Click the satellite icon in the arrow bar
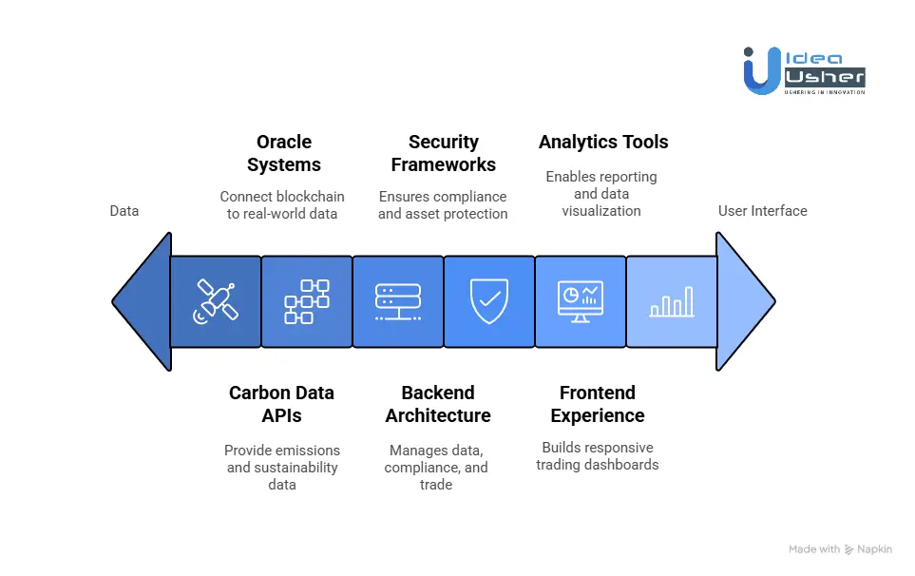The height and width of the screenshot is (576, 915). coord(216,301)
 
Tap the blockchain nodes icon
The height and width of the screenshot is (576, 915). coord(306,301)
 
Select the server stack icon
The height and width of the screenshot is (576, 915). coord(397,301)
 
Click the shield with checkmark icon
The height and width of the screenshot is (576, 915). coord(488,301)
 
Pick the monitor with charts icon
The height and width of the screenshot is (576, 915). coord(580,301)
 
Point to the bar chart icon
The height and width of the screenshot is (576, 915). coord(671,301)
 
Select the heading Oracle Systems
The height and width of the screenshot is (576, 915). coord(283,153)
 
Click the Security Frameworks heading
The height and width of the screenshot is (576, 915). coord(443,153)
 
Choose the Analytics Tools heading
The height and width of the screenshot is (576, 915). coord(603,143)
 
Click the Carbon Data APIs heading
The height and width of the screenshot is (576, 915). coord(281,404)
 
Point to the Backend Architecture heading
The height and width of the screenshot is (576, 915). coord(438,404)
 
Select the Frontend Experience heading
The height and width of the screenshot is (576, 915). coord(598,404)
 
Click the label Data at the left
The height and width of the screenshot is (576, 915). coord(124,210)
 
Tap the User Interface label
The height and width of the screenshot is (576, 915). coord(762,210)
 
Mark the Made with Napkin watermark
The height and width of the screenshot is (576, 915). coord(840,549)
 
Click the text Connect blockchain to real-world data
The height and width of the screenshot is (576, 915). coord(282,205)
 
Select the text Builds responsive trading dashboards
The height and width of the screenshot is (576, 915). coord(598,456)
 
